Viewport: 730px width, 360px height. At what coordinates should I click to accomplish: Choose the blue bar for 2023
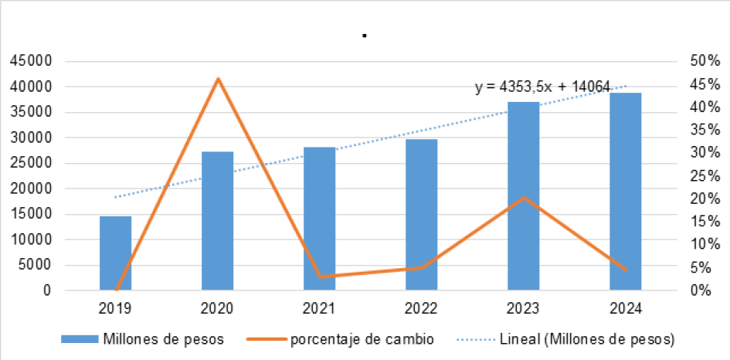(x=524, y=196)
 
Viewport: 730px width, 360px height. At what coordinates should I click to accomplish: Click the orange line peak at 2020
(x=218, y=79)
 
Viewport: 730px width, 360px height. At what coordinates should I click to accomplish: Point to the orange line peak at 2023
(x=524, y=198)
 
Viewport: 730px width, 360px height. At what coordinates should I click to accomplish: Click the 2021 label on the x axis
(x=319, y=308)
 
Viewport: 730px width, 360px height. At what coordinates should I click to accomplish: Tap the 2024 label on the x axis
(x=626, y=308)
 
